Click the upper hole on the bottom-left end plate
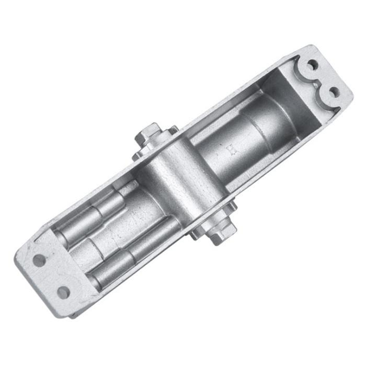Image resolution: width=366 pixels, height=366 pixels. [39, 259]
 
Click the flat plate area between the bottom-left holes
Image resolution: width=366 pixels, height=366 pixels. [51, 276]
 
